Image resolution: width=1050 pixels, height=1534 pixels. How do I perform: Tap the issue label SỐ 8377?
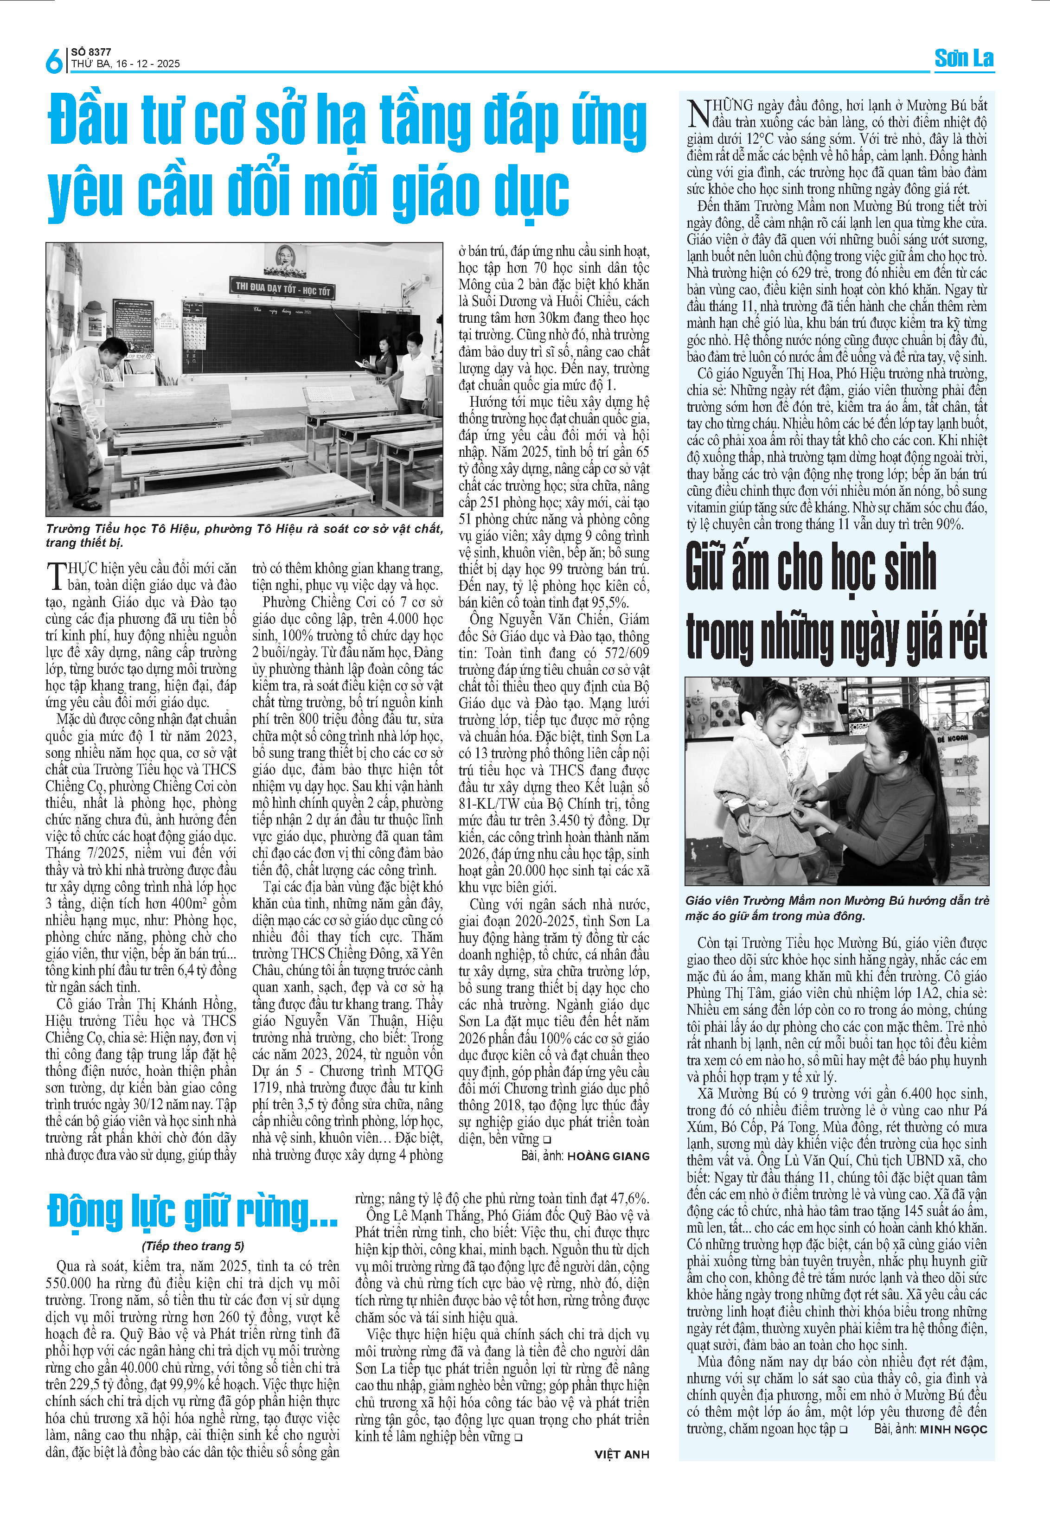91,51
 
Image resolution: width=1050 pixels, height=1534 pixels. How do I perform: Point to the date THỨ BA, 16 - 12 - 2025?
125,64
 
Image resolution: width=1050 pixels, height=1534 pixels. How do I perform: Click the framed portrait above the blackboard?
285,259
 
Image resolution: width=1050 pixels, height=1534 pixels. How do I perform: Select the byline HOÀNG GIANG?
608,1157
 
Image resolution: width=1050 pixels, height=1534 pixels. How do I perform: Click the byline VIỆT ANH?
621,1454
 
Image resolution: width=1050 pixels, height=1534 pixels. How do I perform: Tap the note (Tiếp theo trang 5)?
193,1246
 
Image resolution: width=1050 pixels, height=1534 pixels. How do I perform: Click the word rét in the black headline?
961,636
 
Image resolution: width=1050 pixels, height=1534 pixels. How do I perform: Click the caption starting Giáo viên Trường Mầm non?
836,908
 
